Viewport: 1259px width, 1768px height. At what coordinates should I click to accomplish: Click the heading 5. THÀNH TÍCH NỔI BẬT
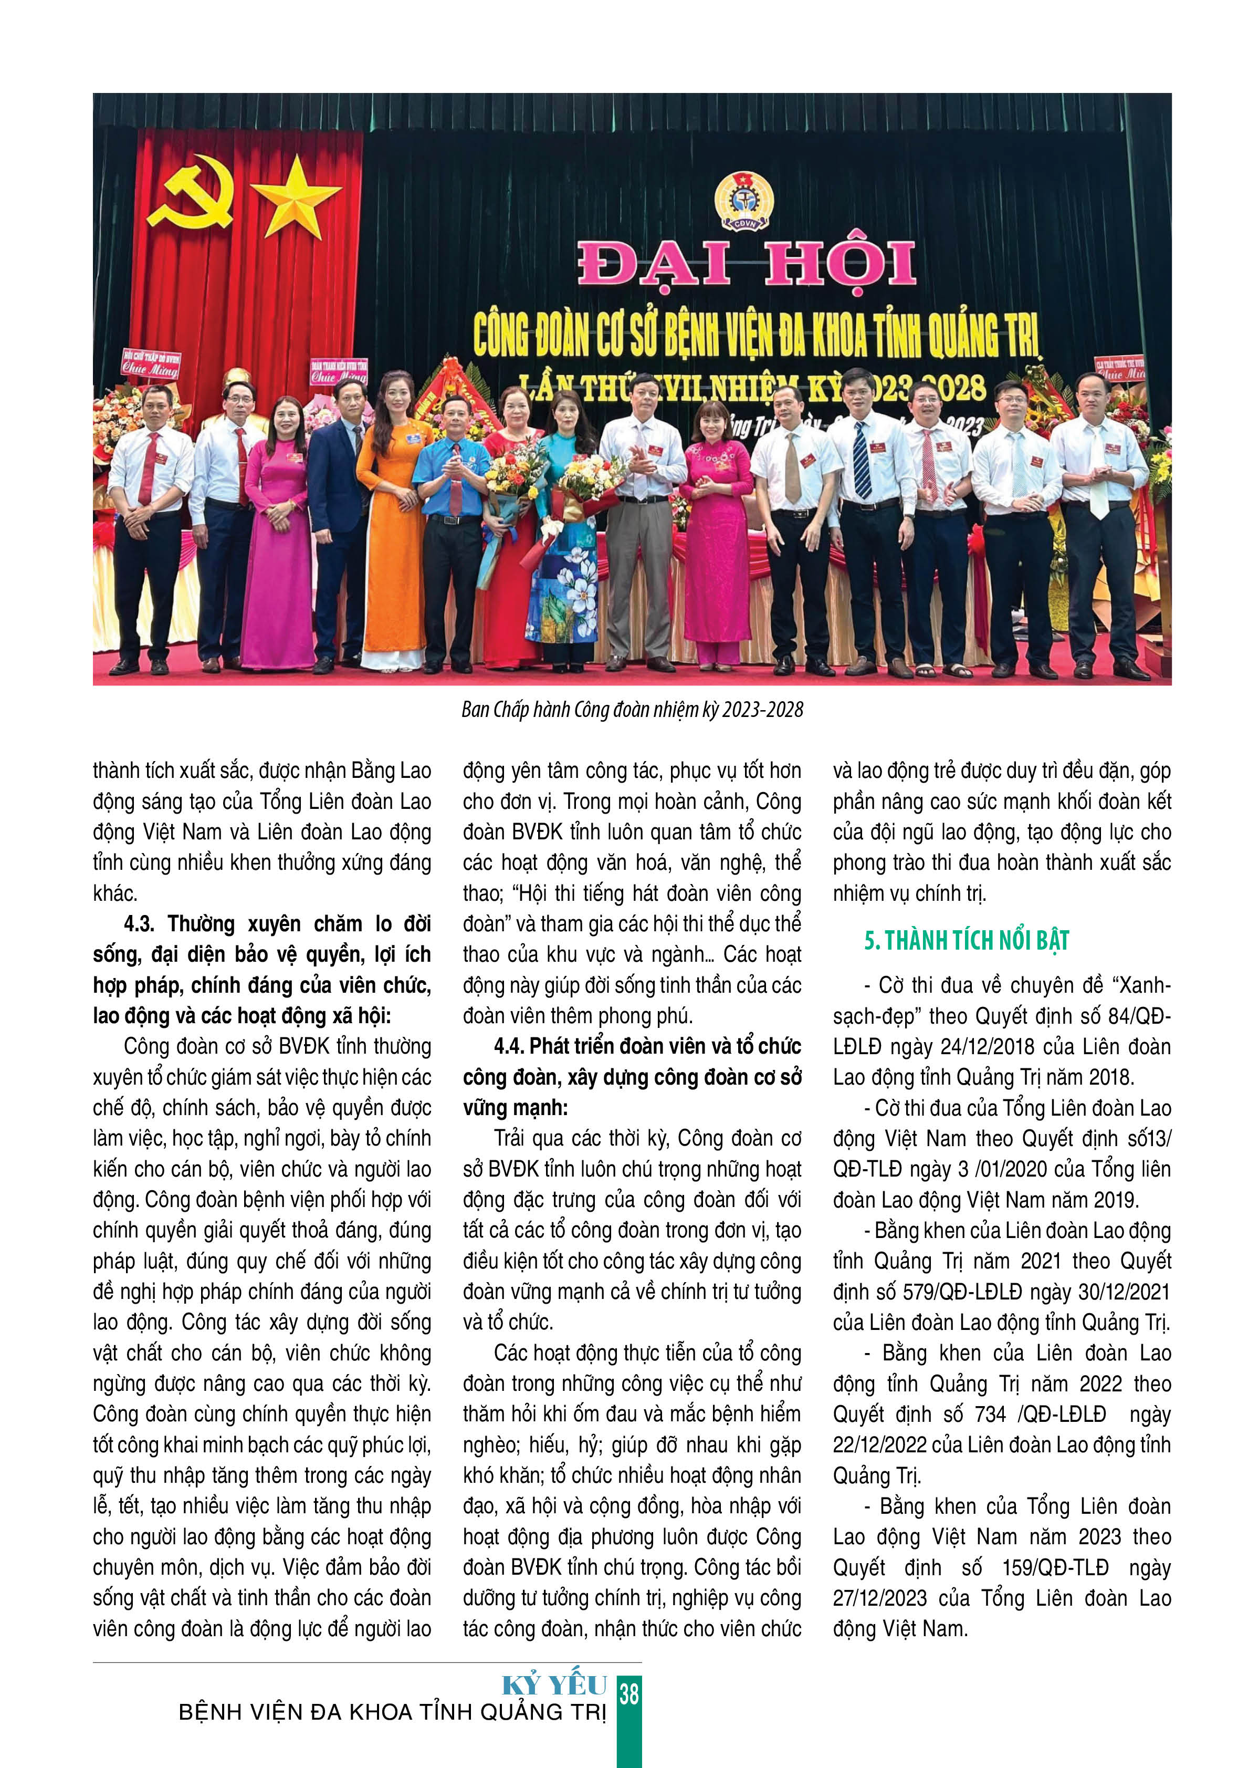(966, 941)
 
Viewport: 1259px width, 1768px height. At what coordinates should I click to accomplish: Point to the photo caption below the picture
(632, 709)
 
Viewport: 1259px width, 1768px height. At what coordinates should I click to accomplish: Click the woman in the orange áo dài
(393, 519)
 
